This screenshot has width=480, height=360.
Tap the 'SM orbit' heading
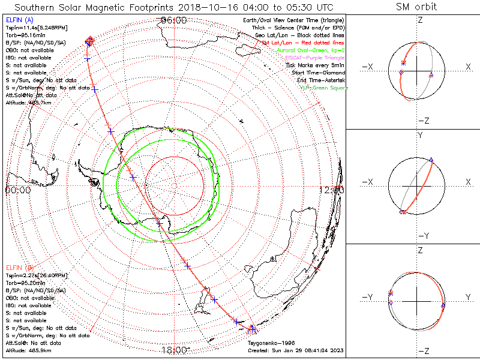pyautogui.click(x=416, y=8)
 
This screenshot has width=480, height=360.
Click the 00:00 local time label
pyautogui.click(x=18, y=190)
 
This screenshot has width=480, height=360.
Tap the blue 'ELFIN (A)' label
pyautogui.click(x=20, y=20)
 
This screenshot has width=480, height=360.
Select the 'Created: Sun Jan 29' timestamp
pyautogui.click(x=296, y=350)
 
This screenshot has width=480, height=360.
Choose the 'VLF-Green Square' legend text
pyautogui.click(x=323, y=88)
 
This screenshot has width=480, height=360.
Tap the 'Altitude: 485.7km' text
pyautogui.click(x=26, y=103)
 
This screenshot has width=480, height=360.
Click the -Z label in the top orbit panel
pyautogui.click(x=422, y=120)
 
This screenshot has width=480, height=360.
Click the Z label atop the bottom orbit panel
pyautogui.click(x=419, y=249)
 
